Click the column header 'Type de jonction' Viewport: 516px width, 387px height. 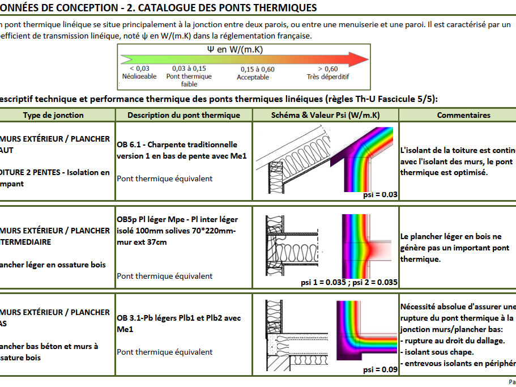click(53, 115)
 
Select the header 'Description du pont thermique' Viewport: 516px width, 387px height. click(184, 115)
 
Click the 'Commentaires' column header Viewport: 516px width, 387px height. click(463, 115)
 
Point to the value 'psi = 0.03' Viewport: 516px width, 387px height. click(380, 195)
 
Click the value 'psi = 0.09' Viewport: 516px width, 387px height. click(380, 369)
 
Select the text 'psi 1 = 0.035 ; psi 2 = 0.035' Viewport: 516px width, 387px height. click(349, 282)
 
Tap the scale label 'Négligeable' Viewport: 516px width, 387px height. click(139, 76)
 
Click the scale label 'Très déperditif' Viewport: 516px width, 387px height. click(328, 76)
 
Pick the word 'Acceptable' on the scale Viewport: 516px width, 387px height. click(253, 77)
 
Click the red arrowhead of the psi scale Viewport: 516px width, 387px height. click(359, 59)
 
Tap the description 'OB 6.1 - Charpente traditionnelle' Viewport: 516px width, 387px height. click(177, 144)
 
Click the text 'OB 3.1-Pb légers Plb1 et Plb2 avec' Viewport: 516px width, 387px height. click(179, 318)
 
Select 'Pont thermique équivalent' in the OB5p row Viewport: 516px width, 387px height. click(165, 276)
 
